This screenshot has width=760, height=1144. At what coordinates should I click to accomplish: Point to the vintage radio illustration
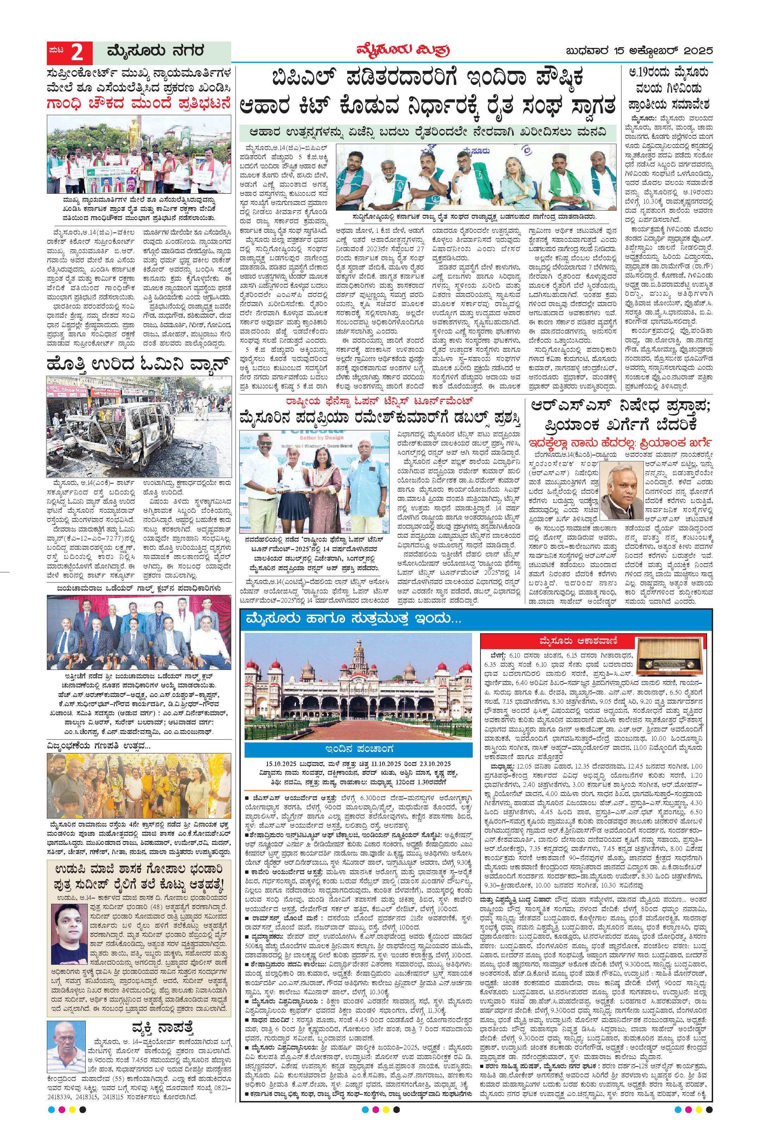(669, 657)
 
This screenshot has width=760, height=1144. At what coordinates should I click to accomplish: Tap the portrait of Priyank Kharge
(621, 496)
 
